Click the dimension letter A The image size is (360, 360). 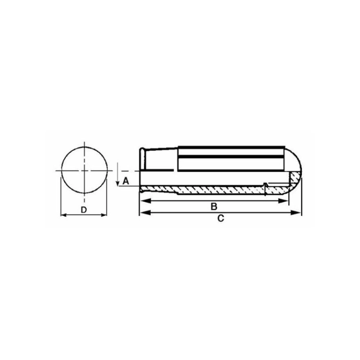(126, 181)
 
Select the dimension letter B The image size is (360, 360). (214, 206)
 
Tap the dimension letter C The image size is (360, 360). (220, 218)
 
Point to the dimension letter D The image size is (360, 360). (84, 210)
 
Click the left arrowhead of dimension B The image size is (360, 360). (145, 201)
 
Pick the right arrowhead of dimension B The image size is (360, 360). (283, 201)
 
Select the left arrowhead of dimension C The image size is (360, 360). (145, 213)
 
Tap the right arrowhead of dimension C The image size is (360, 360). (296, 213)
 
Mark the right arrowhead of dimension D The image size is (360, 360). (104, 215)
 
